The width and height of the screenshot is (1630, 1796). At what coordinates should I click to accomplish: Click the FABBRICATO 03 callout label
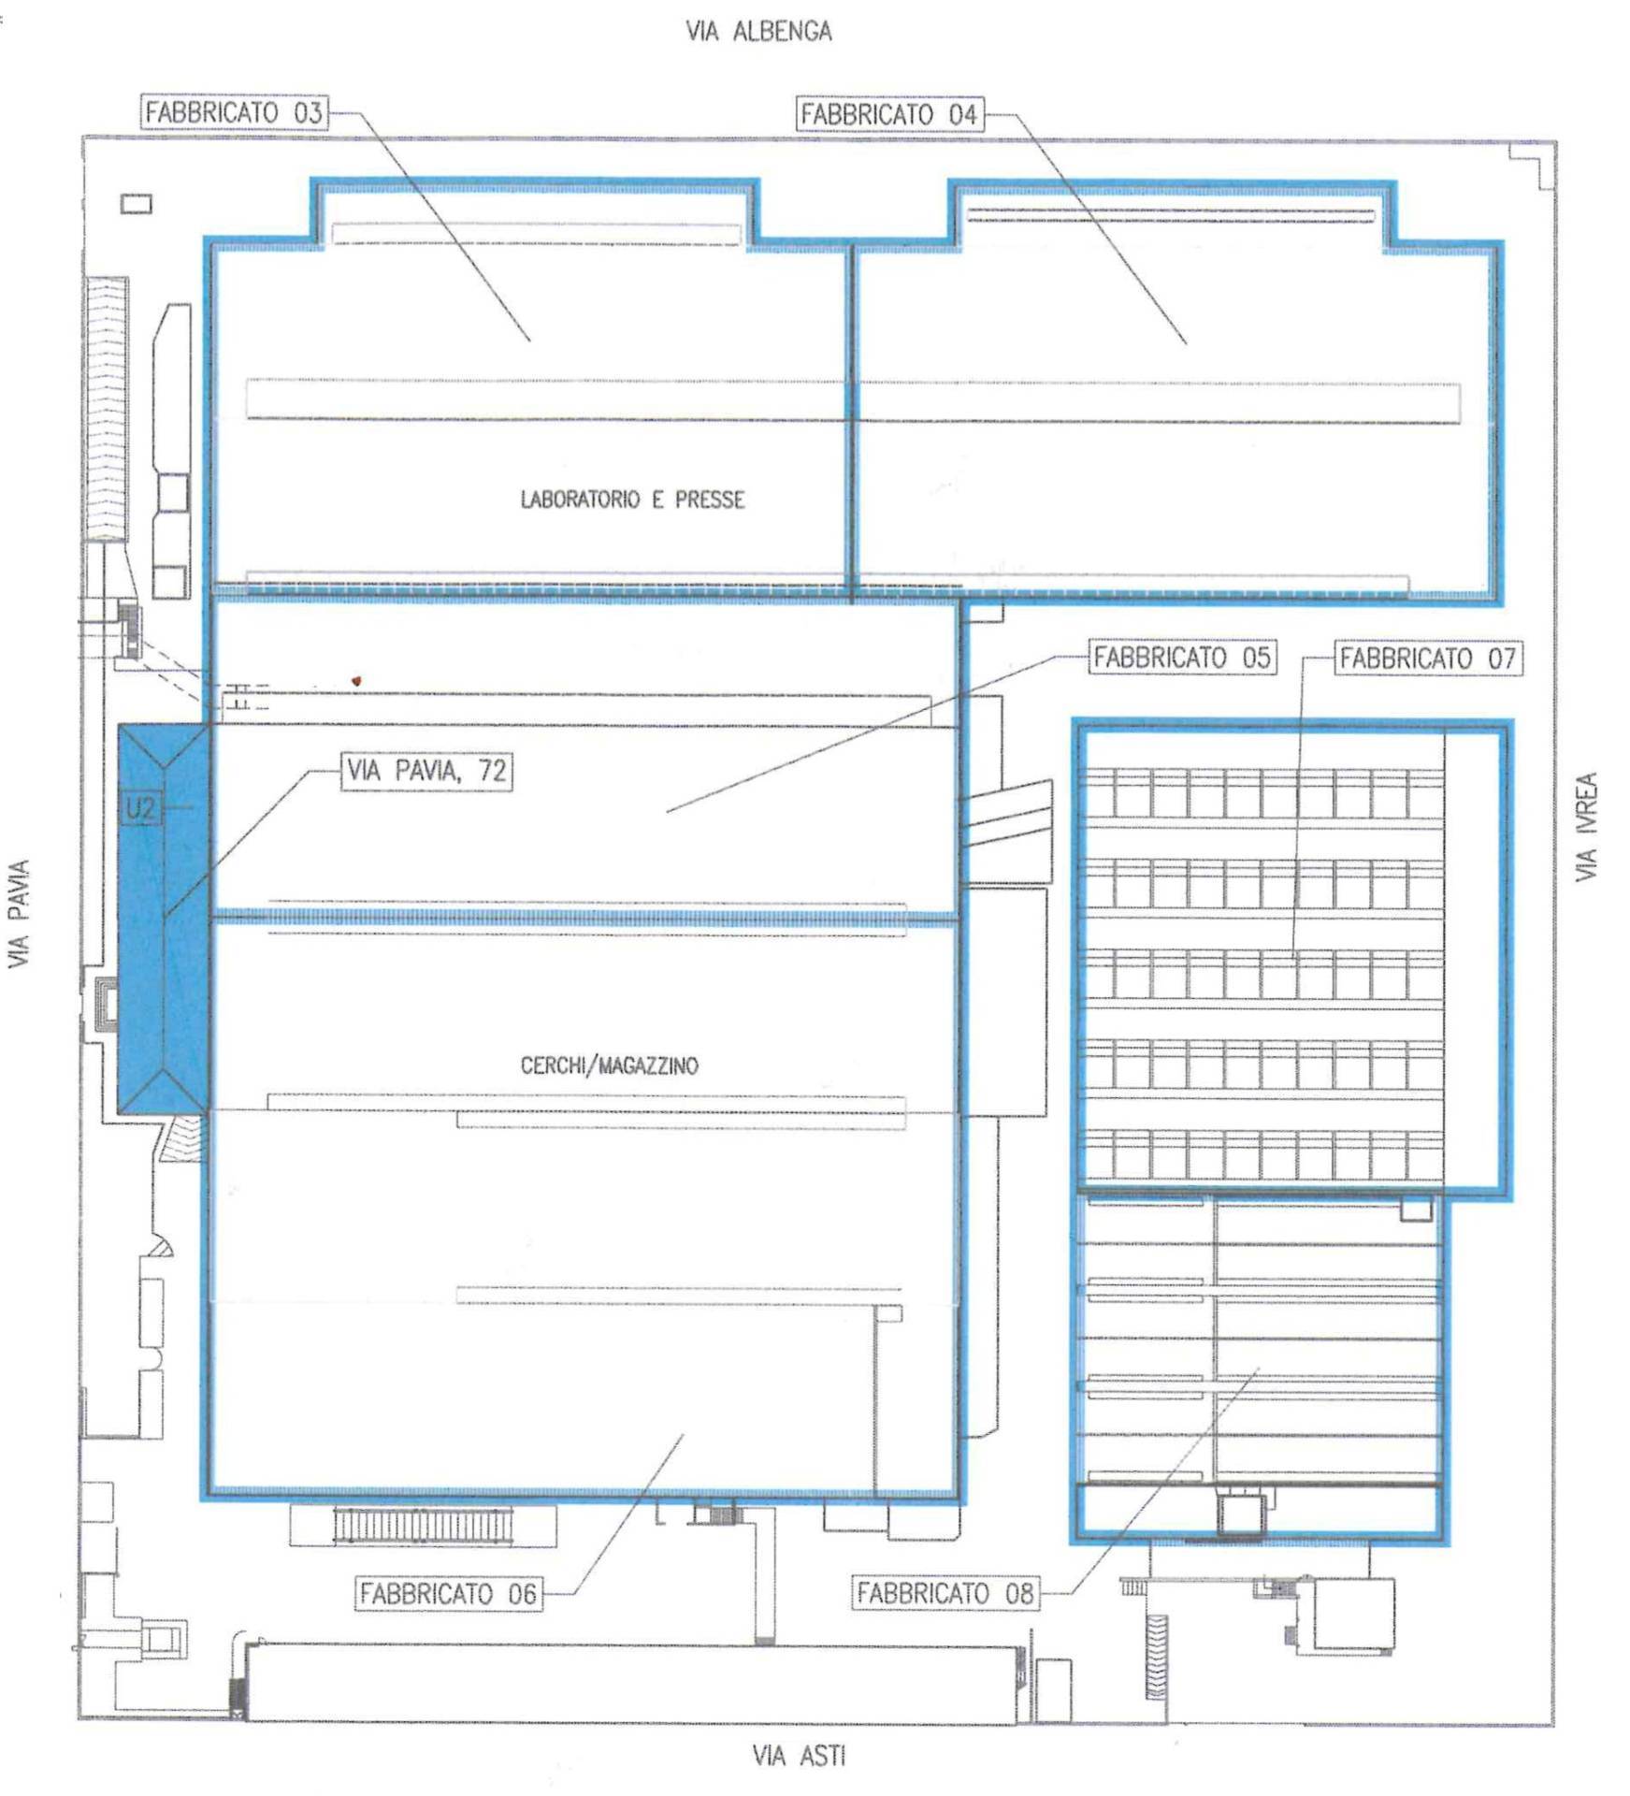pos(234,112)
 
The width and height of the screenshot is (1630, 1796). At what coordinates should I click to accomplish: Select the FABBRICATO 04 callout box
pos(890,114)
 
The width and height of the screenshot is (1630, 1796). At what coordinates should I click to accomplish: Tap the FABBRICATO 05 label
pos(1182,657)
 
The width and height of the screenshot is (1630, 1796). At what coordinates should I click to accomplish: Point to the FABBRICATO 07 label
pos(1427,658)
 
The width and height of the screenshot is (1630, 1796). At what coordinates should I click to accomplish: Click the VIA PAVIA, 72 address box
pos(426,771)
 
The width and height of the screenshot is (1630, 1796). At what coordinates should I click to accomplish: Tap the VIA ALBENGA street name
pos(758,31)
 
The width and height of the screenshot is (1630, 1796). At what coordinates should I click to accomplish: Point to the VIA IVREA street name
pos(1587,826)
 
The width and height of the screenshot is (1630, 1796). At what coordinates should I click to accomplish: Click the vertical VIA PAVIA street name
pos(19,914)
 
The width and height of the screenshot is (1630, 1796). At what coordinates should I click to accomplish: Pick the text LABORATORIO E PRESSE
pos(632,500)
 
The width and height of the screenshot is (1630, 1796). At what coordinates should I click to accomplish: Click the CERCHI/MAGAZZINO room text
pos(609,1065)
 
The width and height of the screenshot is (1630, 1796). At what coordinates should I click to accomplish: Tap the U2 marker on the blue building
pos(140,808)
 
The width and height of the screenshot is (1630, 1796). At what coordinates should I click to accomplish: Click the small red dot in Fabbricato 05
pos(356,681)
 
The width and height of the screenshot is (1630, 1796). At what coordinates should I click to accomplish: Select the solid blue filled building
pos(164,919)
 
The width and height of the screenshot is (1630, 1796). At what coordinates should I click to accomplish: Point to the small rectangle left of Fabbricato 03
pos(137,203)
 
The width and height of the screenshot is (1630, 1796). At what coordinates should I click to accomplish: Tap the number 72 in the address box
pos(492,771)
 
